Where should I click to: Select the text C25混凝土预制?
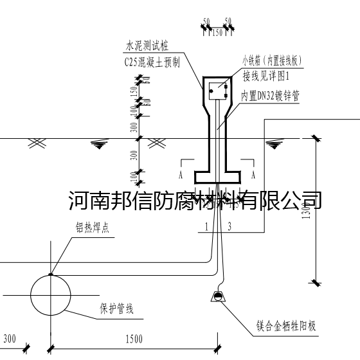point(152,62)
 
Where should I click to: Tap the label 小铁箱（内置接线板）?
point(272,62)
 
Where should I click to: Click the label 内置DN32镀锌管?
point(270,94)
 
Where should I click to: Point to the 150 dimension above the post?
point(217,30)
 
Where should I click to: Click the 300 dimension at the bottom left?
point(10,339)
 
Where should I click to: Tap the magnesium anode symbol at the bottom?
point(218,297)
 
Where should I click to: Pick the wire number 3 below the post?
point(229,226)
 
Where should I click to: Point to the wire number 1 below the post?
point(206,226)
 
